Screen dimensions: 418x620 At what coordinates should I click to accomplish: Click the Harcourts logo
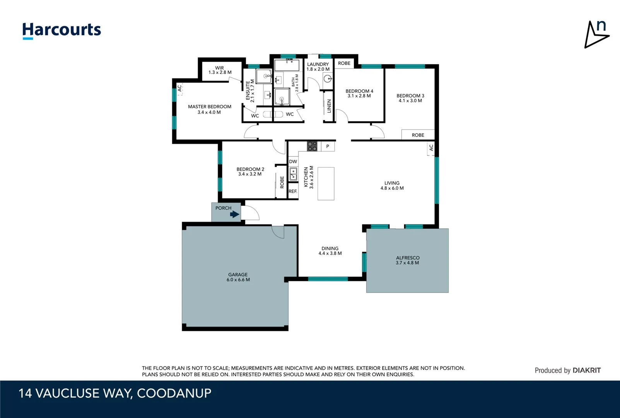(x=61, y=30)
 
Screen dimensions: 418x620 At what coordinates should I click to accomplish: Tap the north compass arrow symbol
(x=596, y=35)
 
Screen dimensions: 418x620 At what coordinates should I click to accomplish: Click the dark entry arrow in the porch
(x=234, y=214)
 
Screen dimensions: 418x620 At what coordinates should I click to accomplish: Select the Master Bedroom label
(x=209, y=109)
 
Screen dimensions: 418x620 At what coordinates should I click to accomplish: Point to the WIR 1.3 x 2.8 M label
(x=220, y=70)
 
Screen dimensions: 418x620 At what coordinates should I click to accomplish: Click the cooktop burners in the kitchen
(x=312, y=146)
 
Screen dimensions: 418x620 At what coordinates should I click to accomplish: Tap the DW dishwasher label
(x=293, y=161)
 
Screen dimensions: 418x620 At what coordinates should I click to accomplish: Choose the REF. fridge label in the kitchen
(x=293, y=191)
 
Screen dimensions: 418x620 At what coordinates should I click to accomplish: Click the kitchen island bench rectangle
(x=326, y=183)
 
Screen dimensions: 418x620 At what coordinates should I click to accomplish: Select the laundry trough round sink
(x=327, y=79)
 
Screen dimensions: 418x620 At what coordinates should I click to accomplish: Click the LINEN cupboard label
(x=329, y=106)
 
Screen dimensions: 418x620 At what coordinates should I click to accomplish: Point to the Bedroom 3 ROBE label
(x=418, y=135)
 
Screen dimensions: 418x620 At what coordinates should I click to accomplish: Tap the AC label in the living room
(x=431, y=148)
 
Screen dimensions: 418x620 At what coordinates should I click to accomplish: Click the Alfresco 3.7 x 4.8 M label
(x=407, y=260)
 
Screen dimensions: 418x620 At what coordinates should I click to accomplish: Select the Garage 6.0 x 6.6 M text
(x=238, y=277)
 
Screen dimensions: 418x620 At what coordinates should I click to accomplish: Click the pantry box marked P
(x=328, y=146)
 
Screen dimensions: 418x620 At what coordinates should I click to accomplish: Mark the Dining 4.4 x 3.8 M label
(x=330, y=251)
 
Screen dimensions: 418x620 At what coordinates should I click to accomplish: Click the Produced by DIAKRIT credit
(x=567, y=370)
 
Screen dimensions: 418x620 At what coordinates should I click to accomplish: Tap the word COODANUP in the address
(x=174, y=393)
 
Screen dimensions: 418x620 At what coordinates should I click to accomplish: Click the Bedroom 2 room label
(x=250, y=171)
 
